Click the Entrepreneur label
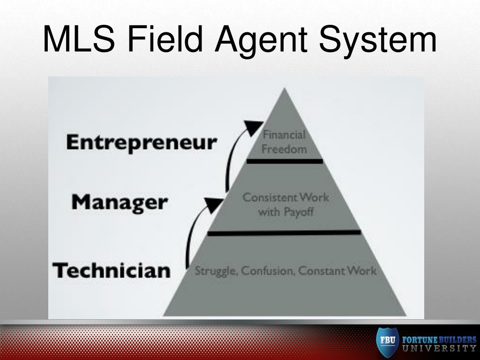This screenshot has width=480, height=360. (142, 142)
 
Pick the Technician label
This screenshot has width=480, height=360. (112, 270)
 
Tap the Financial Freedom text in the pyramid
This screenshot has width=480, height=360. (284, 142)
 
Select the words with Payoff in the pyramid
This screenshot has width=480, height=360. (285, 212)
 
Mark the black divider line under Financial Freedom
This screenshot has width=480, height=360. (285, 161)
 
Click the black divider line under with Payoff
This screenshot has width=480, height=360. (284, 232)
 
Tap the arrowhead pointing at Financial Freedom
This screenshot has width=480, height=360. (254, 127)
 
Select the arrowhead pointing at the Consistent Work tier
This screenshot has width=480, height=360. (215, 204)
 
